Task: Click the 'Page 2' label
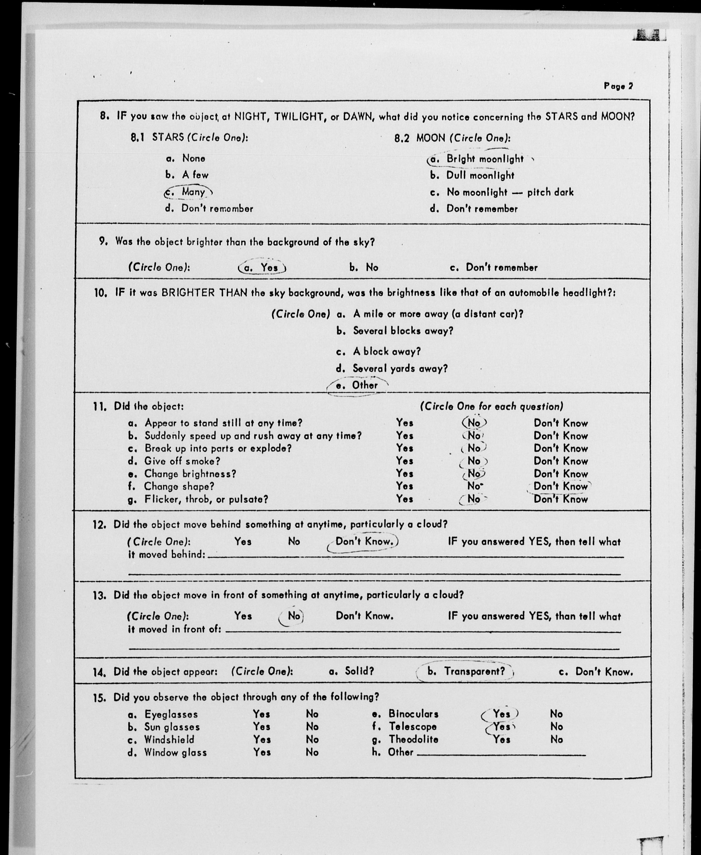618,86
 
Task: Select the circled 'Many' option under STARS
189,192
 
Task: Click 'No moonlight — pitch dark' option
510,193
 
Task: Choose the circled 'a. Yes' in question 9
263,268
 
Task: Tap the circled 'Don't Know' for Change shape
560,486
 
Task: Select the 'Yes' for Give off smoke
404,461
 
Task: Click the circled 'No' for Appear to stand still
474,423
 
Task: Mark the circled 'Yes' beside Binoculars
501,714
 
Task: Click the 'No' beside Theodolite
556,739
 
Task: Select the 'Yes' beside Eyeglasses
261,714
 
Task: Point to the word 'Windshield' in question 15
169,739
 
